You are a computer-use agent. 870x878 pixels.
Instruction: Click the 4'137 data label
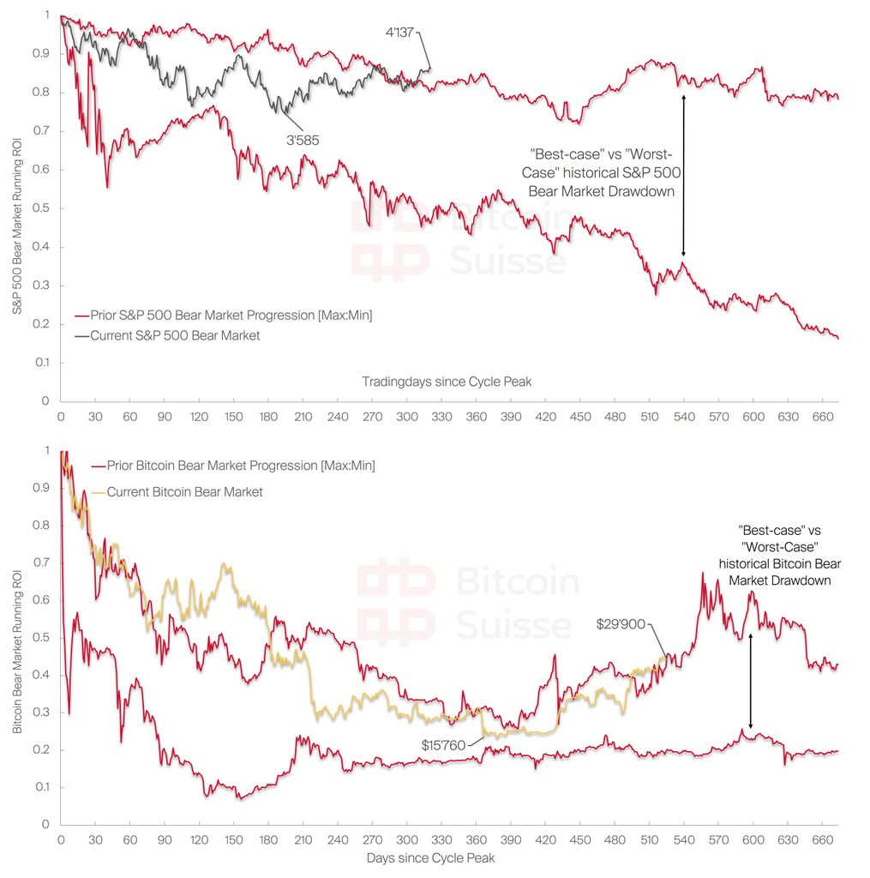click(x=401, y=34)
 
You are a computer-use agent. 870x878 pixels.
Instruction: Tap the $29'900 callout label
click(x=620, y=624)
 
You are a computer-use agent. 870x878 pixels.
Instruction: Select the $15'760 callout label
click(x=443, y=745)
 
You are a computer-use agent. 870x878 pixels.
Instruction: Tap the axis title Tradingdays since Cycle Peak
click(x=447, y=382)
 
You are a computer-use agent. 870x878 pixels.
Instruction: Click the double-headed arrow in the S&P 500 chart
click(x=683, y=176)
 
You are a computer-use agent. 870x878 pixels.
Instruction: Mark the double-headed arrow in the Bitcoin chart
click(x=751, y=682)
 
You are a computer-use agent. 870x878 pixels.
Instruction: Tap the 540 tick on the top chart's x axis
click(x=684, y=417)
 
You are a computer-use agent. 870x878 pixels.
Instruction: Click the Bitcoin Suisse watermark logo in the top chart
click(x=390, y=242)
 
